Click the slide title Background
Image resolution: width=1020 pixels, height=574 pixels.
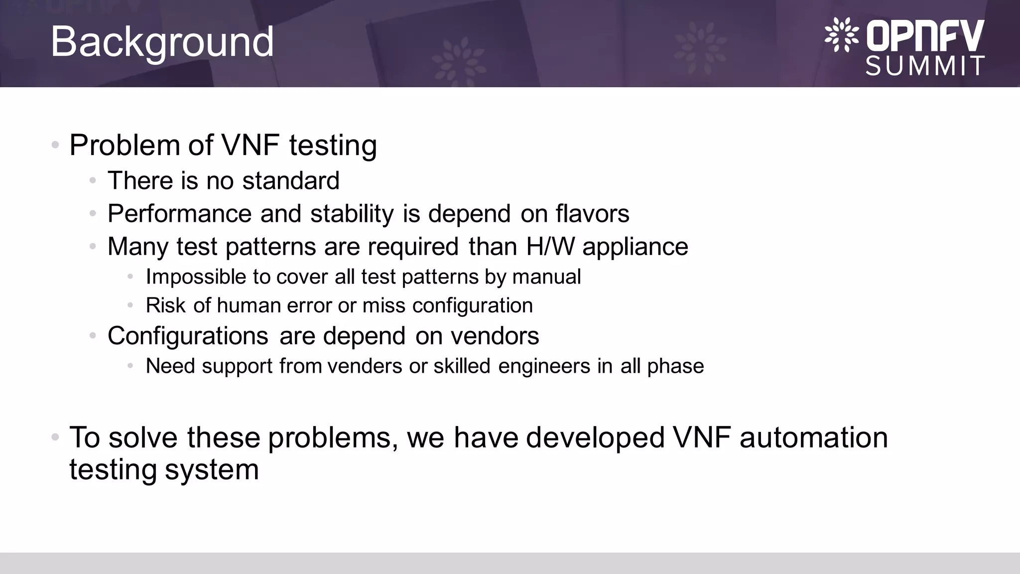(162, 42)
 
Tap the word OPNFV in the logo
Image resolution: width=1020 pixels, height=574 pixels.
(925, 36)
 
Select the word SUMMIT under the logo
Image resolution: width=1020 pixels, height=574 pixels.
(925, 66)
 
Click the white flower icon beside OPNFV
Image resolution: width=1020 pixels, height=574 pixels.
(841, 35)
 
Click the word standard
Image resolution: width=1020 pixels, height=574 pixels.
(291, 180)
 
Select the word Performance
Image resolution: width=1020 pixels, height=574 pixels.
(179, 214)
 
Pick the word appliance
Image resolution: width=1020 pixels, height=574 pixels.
(635, 247)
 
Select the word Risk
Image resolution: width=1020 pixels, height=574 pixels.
(165, 305)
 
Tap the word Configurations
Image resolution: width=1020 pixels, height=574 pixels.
(188, 336)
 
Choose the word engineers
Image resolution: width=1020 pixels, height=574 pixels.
(544, 367)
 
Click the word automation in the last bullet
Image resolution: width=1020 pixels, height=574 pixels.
(813, 437)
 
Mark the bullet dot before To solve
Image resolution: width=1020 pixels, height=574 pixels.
(55, 437)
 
